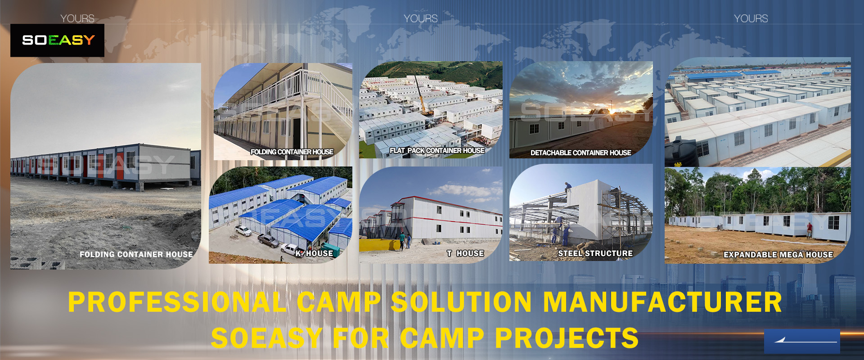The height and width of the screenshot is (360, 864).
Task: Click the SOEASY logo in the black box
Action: tap(58, 40)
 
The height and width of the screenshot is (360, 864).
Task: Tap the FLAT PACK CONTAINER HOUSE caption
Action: tap(437, 150)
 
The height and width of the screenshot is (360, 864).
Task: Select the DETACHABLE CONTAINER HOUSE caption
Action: tap(580, 153)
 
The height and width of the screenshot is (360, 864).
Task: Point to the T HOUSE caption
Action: tap(465, 253)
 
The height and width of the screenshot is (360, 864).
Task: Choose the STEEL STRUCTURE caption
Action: tap(595, 253)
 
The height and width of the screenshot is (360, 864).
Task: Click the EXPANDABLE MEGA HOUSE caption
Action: tap(778, 255)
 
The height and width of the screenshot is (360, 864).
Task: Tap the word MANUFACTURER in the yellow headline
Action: tap(662, 302)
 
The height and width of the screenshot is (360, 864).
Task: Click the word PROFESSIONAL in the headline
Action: tap(178, 302)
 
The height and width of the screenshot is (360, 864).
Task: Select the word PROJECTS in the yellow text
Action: tap(567, 338)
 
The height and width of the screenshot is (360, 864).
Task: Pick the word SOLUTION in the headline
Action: tap(461, 302)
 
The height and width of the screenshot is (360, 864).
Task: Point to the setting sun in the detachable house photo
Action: tap(611, 111)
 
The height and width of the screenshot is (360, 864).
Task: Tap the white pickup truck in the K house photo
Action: tap(243, 231)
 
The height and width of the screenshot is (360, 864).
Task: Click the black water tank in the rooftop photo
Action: tap(681, 153)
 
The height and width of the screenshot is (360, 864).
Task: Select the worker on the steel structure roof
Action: tap(568, 186)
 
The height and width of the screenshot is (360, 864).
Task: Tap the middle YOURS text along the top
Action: tap(421, 18)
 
